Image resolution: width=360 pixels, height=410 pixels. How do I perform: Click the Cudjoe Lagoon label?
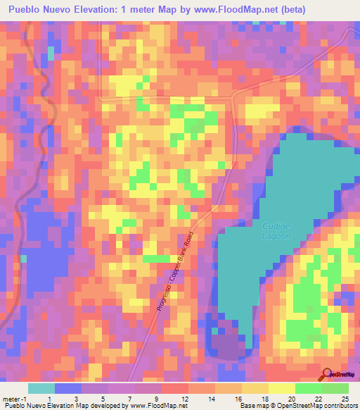click(281, 231)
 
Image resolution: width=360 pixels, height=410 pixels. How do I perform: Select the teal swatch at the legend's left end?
click(41, 388)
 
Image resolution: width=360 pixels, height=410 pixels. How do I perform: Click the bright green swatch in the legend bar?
click(308, 388)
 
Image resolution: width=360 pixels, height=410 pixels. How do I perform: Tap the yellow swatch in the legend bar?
click(255, 388)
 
